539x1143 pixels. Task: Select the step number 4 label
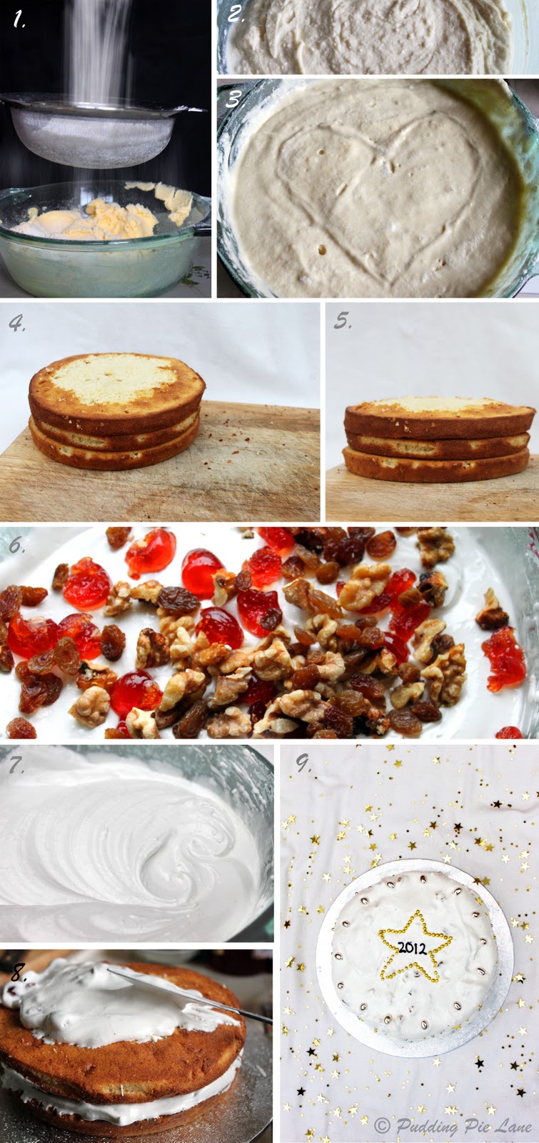pyautogui.click(x=17, y=323)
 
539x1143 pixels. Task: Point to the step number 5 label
pyautogui.click(x=342, y=321)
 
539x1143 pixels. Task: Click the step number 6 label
pyautogui.click(x=17, y=546)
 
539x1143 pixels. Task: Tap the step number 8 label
pyautogui.click(x=19, y=974)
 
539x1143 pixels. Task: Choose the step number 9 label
pyautogui.click(x=304, y=763)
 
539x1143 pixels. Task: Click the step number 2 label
pyautogui.click(x=236, y=14)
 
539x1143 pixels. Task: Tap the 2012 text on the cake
pyautogui.click(x=413, y=947)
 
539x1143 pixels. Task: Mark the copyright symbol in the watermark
pyautogui.click(x=382, y=1124)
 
